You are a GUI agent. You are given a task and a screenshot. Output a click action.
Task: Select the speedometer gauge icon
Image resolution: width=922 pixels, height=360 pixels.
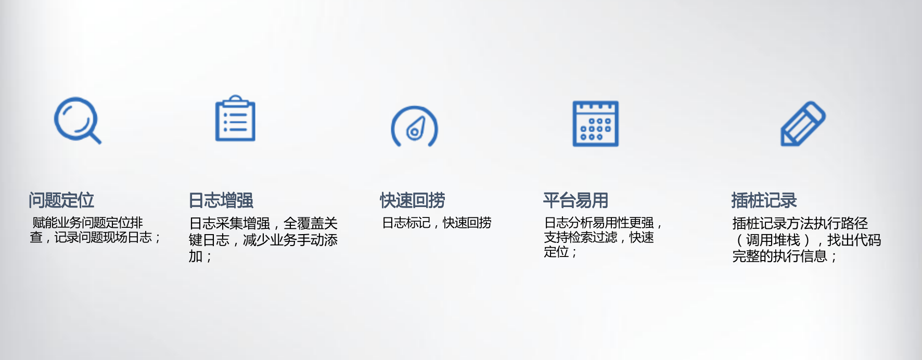(415, 127)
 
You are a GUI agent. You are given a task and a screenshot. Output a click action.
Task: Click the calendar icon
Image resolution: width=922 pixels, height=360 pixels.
(595, 124)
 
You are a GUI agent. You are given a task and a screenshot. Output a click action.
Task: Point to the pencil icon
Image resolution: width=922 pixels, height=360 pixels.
(803, 124)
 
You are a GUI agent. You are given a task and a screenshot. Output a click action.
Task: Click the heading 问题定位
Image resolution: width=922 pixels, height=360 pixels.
(61, 200)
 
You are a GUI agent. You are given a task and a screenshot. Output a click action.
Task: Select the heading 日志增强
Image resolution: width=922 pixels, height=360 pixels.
(221, 200)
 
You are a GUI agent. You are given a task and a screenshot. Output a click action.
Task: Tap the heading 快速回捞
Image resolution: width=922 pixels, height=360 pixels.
(413, 200)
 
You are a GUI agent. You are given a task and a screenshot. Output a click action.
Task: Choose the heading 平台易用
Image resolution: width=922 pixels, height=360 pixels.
(575, 200)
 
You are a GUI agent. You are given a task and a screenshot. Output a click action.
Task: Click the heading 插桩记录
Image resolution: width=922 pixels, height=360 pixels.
(764, 200)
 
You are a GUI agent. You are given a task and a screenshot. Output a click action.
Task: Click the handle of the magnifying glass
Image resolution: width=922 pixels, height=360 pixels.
(95, 137)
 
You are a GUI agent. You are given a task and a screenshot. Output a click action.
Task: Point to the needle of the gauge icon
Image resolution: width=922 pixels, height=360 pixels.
(416, 128)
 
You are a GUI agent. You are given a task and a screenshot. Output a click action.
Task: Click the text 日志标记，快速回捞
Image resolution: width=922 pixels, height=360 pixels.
(437, 223)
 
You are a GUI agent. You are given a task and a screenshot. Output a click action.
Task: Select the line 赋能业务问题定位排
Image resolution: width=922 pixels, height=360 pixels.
(87, 223)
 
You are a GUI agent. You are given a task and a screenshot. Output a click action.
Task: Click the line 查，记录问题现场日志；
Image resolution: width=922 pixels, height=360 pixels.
(95, 237)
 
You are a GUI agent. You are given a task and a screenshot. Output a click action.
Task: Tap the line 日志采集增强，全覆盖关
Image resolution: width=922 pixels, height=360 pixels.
(263, 223)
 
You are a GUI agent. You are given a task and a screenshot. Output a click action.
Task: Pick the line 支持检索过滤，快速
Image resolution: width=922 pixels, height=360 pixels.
(599, 237)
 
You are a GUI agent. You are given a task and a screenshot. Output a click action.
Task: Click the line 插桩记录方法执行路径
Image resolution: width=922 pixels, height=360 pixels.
(800, 223)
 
